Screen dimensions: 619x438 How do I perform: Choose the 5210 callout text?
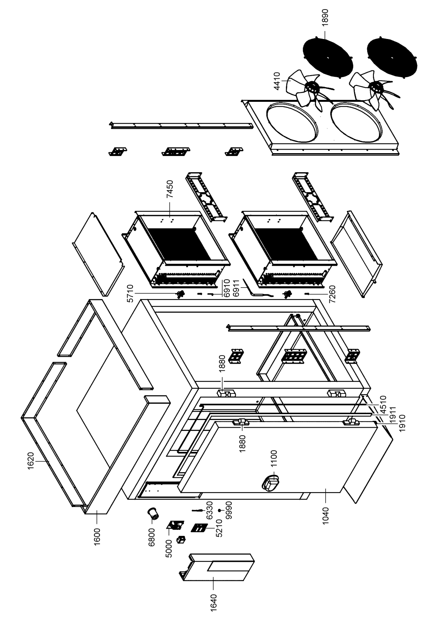(x=218, y=529)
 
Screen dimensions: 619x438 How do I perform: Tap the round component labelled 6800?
(x=153, y=514)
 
